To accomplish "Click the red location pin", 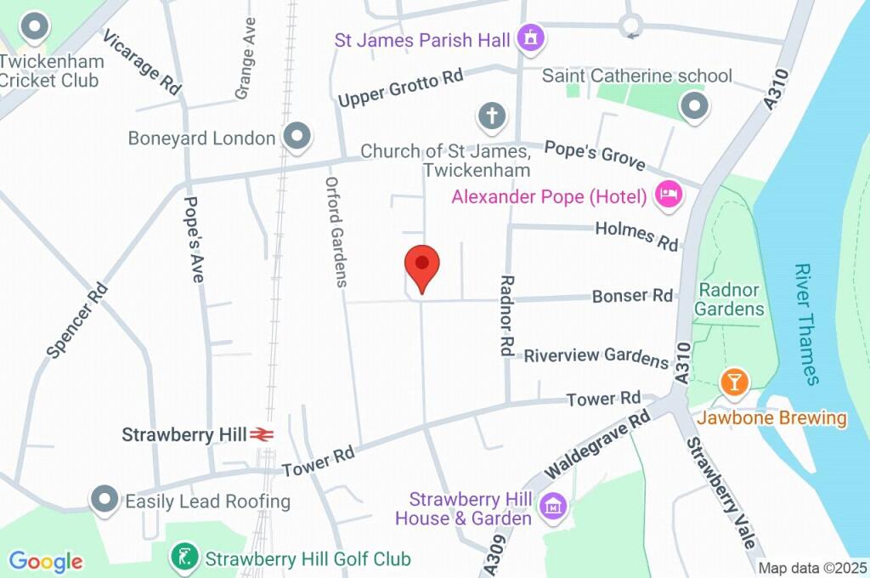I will [x=422, y=265].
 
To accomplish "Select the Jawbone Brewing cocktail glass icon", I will [x=734, y=382].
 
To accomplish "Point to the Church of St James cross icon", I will [x=491, y=116].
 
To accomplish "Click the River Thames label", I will [x=807, y=324].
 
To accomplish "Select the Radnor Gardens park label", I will [x=729, y=298].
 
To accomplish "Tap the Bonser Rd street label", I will [x=632, y=296].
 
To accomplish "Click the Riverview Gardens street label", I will [x=596, y=356].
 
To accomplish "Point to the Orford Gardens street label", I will [x=337, y=231].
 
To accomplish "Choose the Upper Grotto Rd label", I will [x=400, y=88].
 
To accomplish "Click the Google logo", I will [x=46, y=561].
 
